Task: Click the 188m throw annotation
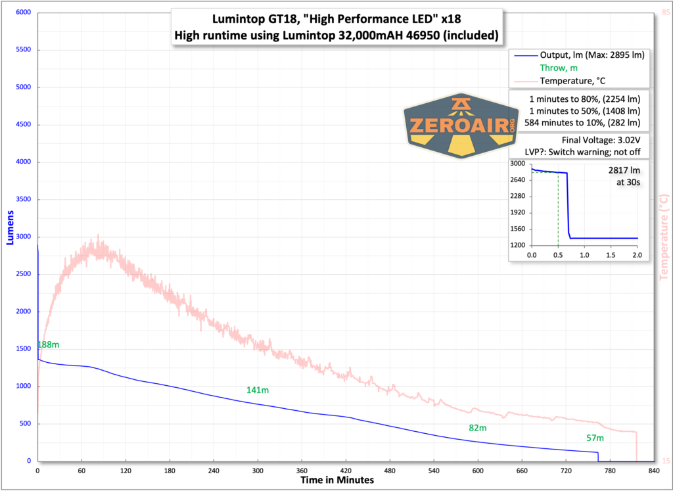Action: click(48, 344)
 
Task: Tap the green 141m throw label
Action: click(258, 390)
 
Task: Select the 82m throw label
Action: click(477, 428)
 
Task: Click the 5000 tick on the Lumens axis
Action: click(24, 87)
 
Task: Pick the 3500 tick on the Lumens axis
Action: click(24, 200)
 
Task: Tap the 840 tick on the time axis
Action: click(654, 471)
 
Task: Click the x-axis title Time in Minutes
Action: click(336, 480)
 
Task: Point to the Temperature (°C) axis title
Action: click(664, 237)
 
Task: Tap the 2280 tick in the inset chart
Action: click(517, 196)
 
